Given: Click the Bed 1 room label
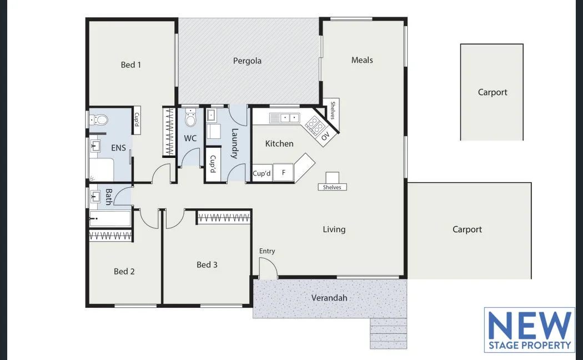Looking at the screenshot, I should [131, 65].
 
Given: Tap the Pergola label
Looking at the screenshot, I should [247, 61].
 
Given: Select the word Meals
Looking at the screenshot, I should [362, 60].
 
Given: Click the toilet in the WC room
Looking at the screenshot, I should [190, 119].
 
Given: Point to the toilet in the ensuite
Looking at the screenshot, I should [100, 119].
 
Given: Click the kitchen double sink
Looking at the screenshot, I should [285, 118].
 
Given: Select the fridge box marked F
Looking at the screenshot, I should [284, 173].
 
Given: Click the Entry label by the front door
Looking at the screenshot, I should [267, 251].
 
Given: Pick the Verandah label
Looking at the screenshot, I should [329, 298].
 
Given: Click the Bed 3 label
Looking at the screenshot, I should [207, 264].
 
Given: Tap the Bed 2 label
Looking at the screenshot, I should [124, 271].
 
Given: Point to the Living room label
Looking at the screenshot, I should [334, 229].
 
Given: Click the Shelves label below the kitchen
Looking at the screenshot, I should [332, 187].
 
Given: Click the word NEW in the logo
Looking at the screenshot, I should [529, 326].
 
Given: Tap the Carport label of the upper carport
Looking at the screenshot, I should [492, 92].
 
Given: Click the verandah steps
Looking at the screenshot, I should [388, 333].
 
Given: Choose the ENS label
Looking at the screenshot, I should [118, 148].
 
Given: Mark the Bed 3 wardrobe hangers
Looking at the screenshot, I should [224, 217].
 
